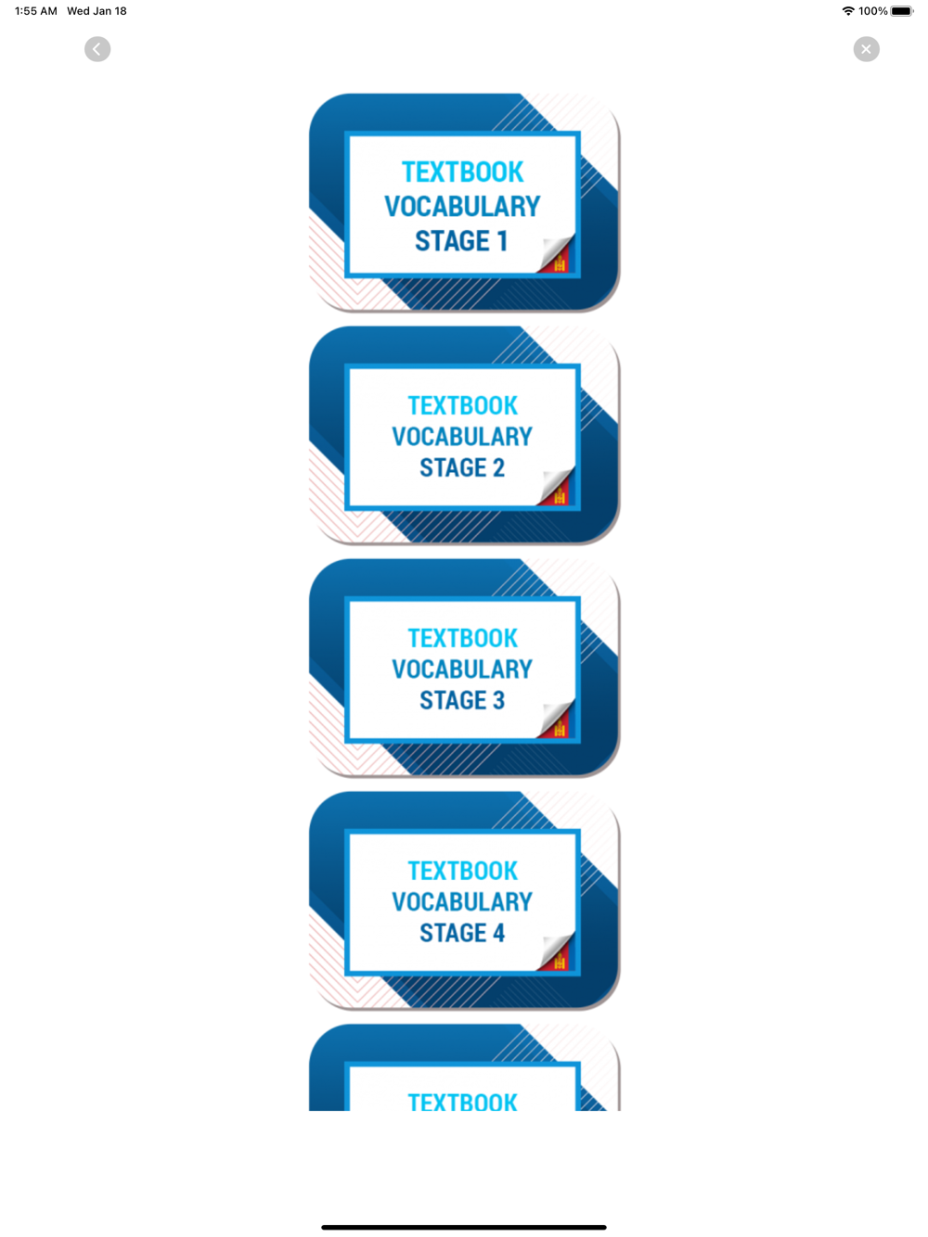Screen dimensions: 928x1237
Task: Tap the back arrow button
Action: click(97, 49)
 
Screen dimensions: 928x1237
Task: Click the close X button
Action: click(866, 49)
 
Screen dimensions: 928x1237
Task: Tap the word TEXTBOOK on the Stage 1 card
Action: click(462, 172)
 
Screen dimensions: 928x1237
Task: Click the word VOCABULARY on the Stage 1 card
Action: click(462, 206)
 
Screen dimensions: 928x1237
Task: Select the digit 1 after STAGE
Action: click(502, 241)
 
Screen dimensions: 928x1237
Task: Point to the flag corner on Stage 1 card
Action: click(557, 258)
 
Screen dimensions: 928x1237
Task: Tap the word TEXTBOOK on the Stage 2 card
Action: click(462, 405)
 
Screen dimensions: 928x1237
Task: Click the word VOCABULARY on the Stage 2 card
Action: click(462, 436)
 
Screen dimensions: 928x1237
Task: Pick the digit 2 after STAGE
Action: click(498, 467)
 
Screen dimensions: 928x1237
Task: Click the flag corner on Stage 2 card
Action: click(557, 490)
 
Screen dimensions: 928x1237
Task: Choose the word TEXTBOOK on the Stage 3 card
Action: click(462, 638)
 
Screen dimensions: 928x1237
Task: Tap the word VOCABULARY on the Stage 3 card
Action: click(462, 669)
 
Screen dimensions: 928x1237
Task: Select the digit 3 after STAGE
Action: click(498, 700)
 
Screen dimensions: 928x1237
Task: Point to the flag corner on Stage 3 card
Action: click(557, 722)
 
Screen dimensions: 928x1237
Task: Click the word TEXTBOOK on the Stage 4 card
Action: click(462, 871)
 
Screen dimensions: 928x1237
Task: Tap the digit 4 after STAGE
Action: click(498, 933)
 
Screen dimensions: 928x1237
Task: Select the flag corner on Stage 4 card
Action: click(557, 955)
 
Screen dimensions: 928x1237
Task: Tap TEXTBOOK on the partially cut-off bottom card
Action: click(462, 1102)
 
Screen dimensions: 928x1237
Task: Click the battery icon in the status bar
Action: click(901, 11)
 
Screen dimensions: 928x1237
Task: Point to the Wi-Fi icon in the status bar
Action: click(848, 11)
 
